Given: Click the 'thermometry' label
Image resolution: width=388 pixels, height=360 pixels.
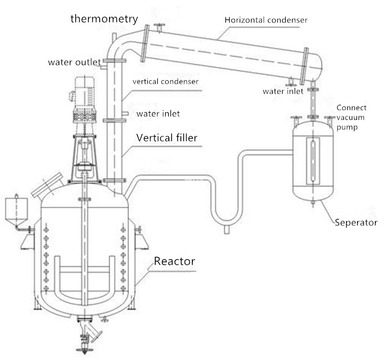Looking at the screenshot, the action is [104, 19].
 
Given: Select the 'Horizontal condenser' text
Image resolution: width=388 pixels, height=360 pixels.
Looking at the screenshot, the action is [266, 20].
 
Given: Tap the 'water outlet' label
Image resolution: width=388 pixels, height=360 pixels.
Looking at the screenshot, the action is [74, 62].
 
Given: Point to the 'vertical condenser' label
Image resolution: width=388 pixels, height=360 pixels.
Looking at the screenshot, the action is [165, 82].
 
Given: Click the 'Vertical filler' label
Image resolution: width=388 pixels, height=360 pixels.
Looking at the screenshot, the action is [167, 138].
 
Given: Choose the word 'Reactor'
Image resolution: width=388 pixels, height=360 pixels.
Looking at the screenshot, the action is [175, 261].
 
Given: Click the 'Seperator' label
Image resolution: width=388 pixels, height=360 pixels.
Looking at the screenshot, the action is [356, 223].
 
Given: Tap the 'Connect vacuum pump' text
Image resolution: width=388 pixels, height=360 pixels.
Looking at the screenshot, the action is [351, 117].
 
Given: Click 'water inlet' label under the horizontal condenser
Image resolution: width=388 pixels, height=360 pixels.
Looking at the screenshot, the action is [283, 92].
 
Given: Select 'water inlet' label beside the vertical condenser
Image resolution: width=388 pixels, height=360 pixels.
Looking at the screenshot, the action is [158, 114].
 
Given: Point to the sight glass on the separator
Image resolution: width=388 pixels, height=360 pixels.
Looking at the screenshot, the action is [313, 161].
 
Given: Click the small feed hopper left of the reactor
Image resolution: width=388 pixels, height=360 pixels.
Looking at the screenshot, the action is [17, 210].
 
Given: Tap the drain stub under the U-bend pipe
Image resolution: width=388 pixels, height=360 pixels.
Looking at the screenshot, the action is [227, 230].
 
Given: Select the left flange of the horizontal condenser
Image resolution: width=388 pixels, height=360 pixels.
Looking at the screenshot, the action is [145, 43].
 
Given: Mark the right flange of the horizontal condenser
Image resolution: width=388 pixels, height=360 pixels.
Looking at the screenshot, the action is [305, 66].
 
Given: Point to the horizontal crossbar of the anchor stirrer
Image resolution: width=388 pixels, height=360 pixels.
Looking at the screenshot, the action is [84, 269].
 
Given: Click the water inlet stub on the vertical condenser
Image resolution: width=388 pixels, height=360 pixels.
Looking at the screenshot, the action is [125, 114].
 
